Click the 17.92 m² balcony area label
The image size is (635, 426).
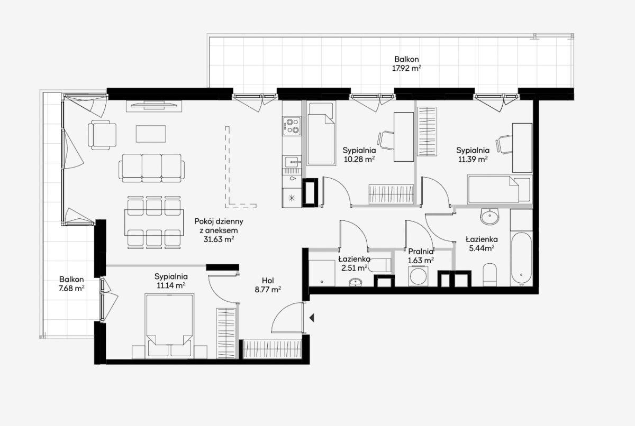[406, 68]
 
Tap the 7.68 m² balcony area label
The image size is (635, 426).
[71, 289]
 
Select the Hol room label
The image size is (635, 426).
[268, 281]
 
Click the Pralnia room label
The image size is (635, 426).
[421, 252]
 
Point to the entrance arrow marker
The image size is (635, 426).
[312, 318]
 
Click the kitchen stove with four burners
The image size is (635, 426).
[292, 126]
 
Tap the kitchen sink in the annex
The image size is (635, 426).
[292, 162]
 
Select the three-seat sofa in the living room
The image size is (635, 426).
[152, 168]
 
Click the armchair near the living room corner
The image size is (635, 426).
[102, 135]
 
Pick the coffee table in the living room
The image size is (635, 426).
[151, 134]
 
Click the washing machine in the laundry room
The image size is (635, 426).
[419, 276]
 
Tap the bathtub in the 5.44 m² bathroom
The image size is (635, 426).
[521, 259]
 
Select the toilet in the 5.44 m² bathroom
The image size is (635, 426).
[489, 274]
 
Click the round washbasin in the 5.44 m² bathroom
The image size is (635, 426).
[489, 217]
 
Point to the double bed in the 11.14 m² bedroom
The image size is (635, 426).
[169, 326]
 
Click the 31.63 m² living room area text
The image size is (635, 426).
[219, 239]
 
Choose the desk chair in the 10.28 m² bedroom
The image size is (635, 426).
[386, 141]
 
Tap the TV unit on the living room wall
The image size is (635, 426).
[154, 106]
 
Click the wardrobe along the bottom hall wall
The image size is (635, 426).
[273, 349]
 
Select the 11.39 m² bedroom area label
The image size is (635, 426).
[473, 159]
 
